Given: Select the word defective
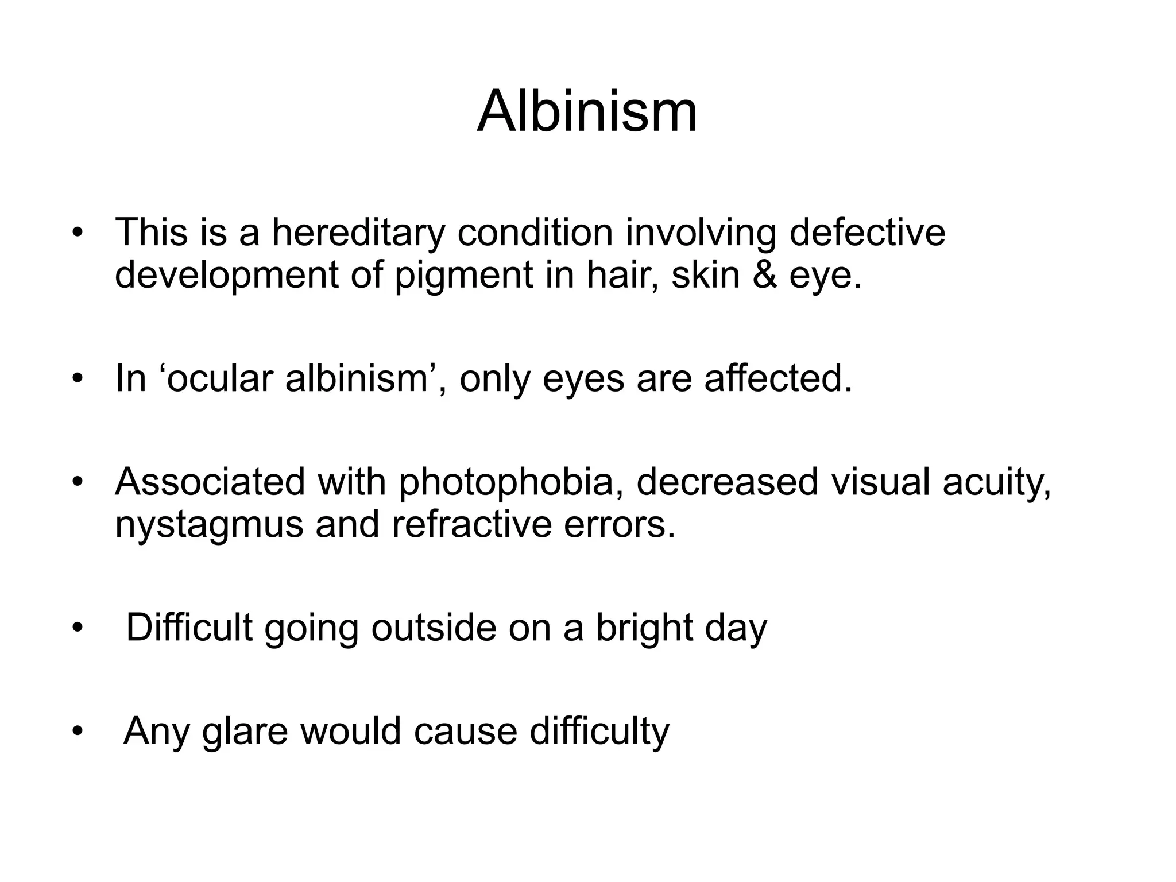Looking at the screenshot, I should point(867,233).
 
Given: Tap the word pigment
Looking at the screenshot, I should point(464,276).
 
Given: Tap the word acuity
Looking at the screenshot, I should point(996,482).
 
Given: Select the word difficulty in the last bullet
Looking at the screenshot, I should point(599,731).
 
